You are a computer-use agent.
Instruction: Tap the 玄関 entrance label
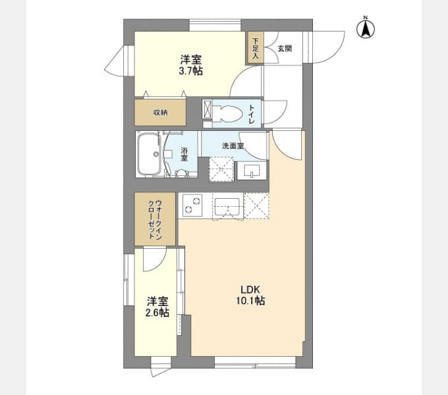point(285,49)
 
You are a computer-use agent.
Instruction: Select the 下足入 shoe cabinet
point(255,47)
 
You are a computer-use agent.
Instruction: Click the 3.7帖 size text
point(191,70)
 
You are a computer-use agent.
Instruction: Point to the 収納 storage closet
point(160,113)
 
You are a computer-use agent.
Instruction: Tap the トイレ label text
point(252,114)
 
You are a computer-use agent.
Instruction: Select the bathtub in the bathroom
point(149,154)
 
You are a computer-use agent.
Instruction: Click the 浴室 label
point(184,154)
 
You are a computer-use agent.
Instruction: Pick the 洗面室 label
point(233,145)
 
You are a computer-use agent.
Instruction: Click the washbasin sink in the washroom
point(252,171)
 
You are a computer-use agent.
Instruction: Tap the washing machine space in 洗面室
point(222,169)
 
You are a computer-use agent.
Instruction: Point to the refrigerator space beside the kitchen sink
point(257,205)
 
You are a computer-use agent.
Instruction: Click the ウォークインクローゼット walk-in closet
point(155,219)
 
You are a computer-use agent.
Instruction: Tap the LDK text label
point(250,290)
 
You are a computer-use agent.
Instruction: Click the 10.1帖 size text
point(250,301)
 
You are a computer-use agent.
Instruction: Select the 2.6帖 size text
point(157,313)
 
